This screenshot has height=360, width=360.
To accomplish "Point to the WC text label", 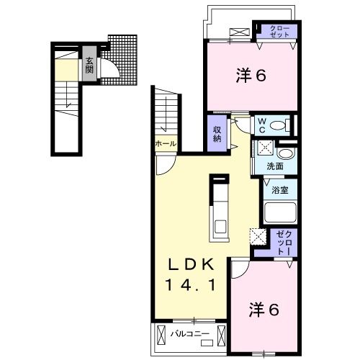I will click(262, 125).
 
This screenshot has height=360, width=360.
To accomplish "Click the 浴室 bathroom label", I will click(280, 191).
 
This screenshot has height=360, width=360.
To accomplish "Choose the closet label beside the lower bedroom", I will click(283, 243).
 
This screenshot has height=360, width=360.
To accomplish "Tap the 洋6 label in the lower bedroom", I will click(264, 311).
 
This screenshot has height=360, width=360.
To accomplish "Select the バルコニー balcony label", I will click(190, 333).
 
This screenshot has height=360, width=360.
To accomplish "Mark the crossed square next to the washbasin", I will click(264, 150).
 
